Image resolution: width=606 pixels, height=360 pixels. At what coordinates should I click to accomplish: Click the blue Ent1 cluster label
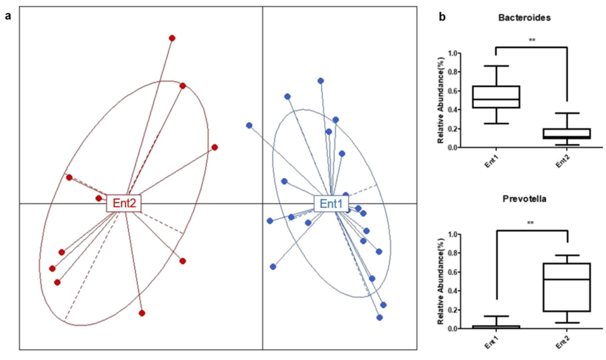(331, 204)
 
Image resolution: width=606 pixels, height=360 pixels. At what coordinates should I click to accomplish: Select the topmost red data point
(172, 38)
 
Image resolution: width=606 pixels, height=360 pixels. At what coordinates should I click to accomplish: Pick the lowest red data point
(142, 313)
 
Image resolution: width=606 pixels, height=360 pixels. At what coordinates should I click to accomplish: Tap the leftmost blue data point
(249, 126)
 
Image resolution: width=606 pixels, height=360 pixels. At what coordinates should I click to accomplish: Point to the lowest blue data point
(379, 317)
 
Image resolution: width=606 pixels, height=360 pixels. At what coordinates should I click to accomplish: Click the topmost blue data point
(321, 81)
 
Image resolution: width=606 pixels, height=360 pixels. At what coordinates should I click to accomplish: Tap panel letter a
(8, 16)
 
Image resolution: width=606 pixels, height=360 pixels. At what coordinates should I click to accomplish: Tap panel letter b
(442, 17)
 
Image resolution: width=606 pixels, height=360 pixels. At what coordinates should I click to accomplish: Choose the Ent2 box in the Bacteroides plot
(567, 133)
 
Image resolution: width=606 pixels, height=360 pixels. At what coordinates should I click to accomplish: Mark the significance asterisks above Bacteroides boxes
(531, 40)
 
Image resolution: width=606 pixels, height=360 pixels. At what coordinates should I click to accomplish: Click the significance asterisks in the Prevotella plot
(531, 223)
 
